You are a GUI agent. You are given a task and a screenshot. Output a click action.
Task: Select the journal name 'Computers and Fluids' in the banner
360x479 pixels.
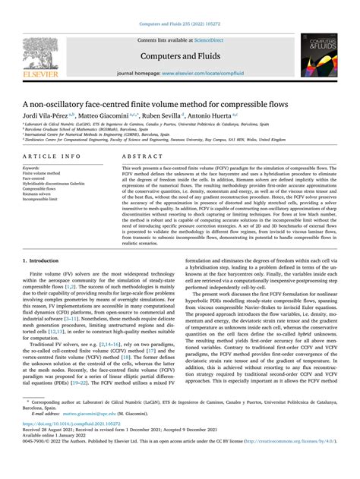tap(180, 54)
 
